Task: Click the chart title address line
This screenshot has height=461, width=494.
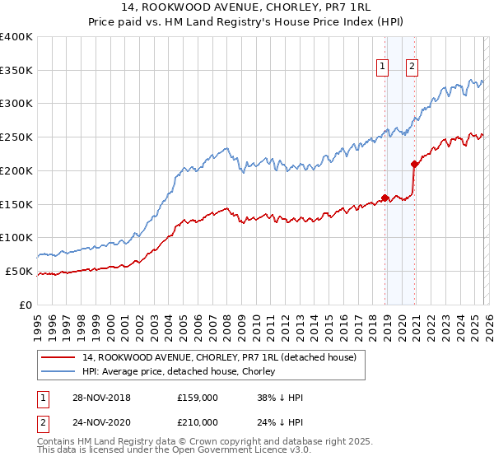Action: tap(246, 9)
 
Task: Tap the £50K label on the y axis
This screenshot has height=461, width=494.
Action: tap(19, 271)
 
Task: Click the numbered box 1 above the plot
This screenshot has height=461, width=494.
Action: tap(384, 68)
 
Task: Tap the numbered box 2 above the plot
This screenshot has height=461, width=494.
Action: tap(412, 68)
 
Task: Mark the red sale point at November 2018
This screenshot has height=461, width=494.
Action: tap(384, 198)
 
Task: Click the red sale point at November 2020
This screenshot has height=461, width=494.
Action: tap(414, 164)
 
